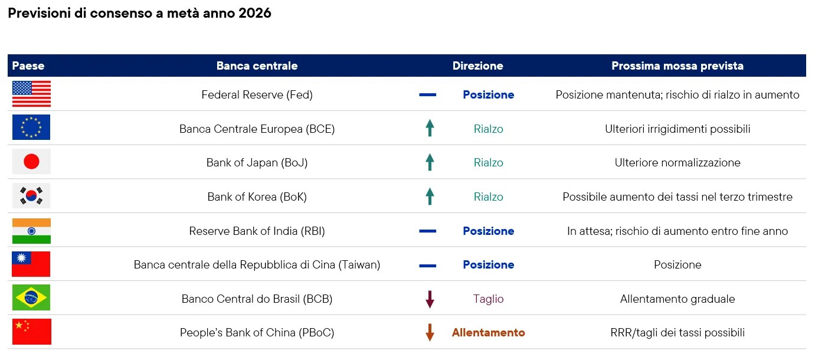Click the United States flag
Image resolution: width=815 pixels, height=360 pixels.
(x=32, y=94)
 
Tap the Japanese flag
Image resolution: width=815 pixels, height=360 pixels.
(x=31, y=162)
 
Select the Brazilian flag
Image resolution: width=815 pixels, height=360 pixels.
(x=31, y=298)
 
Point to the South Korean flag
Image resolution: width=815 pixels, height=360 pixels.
(x=31, y=196)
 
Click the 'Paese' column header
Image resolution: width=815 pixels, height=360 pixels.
(x=28, y=66)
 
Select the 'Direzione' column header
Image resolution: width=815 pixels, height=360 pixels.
(x=477, y=66)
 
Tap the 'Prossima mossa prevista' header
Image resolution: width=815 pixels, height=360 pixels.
(x=677, y=66)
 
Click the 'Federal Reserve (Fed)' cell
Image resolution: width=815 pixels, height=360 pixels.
(x=257, y=94)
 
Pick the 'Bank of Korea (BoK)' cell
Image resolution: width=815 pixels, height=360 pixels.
(x=257, y=197)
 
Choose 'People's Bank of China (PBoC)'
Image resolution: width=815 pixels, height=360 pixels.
(x=257, y=333)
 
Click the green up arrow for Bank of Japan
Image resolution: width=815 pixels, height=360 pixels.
(x=430, y=162)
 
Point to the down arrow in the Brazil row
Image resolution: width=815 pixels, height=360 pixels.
(x=430, y=299)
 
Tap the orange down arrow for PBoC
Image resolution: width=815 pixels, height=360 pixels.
(x=430, y=332)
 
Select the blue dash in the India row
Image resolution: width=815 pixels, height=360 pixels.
(x=427, y=231)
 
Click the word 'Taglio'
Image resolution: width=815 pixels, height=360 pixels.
(x=488, y=299)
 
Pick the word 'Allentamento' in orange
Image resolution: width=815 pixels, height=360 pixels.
(x=488, y=332)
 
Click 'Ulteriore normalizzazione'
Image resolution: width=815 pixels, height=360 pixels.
(x=677, y=163)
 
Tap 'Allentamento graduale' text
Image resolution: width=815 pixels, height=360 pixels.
(x=677, y=299)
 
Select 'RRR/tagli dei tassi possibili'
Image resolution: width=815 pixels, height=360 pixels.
(x=677, y=333)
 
